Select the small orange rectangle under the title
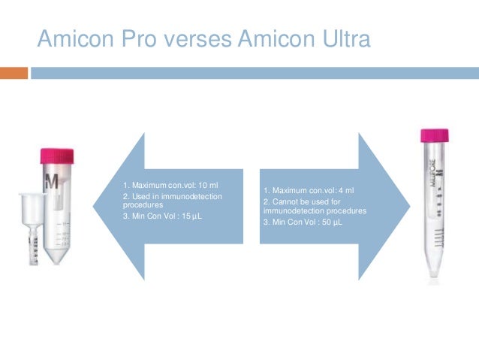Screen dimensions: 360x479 pos(14,73)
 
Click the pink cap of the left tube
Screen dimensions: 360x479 pos(57,157)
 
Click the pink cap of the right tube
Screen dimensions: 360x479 pos(434,136)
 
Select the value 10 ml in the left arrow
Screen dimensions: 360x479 pos(206,185)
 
